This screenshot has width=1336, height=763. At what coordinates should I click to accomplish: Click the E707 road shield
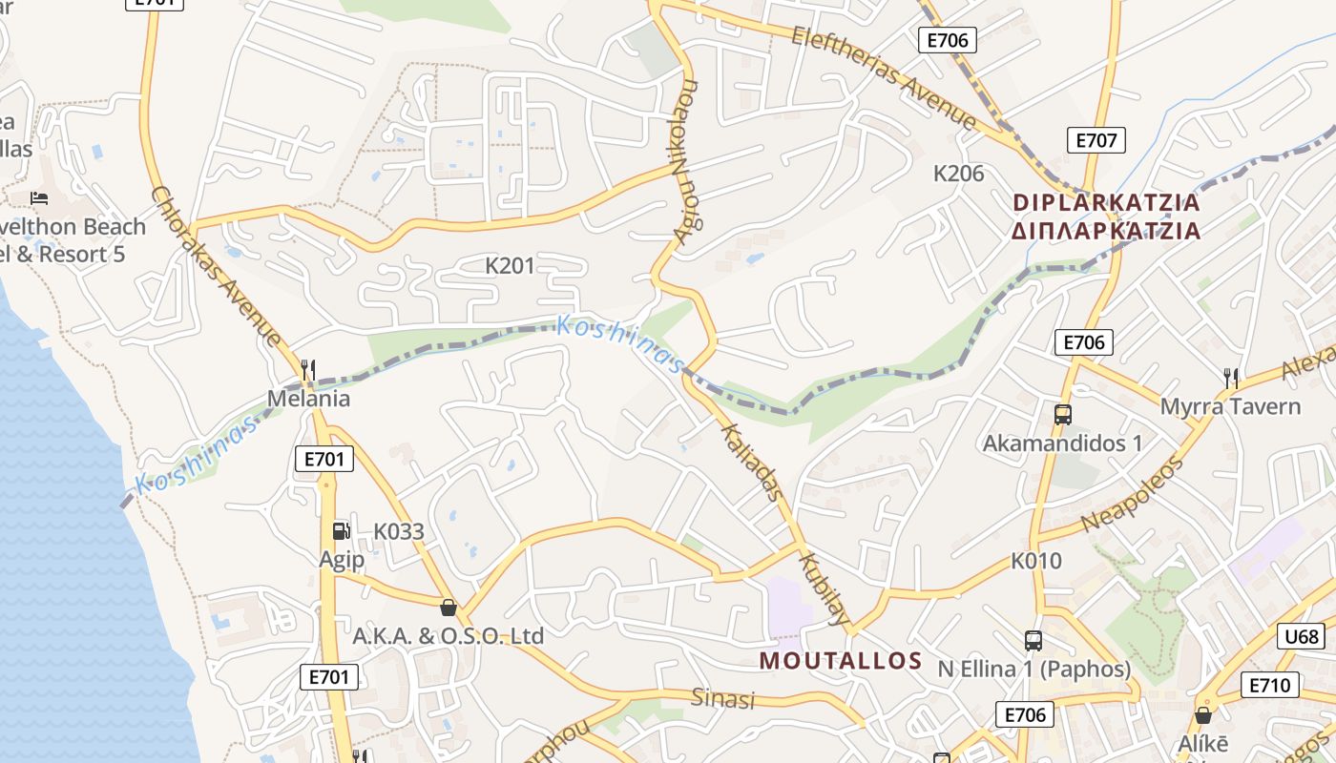(x=1096, y=140)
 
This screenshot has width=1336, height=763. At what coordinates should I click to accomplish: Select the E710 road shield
(x=1269, y=685)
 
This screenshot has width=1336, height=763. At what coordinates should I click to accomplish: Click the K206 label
(x=958, y=173)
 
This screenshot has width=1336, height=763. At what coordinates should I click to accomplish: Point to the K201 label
(x=511, y=265)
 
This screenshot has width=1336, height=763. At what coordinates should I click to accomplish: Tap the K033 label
(x=398, y=531)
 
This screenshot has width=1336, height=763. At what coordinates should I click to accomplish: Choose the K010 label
(x=1035, y=561)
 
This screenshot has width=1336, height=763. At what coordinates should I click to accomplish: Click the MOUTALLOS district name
(x=841, y=661)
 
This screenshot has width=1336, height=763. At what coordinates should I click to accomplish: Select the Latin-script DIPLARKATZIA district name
(x=1106, y=202)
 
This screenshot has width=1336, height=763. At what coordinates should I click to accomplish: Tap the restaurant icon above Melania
(x=307, y=368)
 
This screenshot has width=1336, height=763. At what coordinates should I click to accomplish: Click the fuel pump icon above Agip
(x=341, y=530)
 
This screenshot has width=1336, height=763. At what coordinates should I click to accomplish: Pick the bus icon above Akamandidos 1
(x=1062, y=415)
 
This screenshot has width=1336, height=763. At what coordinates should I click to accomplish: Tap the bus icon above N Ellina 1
(x=1033, y=640)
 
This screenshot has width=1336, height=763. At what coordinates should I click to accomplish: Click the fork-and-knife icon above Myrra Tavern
(x=1231, y=378)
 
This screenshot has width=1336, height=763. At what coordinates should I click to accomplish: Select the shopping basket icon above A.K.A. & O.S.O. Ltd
(x=448, y=607)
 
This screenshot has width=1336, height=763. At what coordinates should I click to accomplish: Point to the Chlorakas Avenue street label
(x=216, y=265)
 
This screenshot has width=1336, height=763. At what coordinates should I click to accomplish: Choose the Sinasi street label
(x=722, y=699)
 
